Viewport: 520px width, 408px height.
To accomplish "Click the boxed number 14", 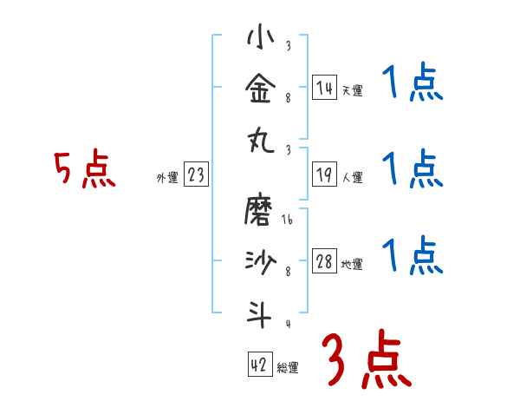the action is [324, 88].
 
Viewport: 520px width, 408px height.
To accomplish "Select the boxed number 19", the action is [324, 175].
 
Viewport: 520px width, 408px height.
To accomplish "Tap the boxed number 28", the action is [324, 261].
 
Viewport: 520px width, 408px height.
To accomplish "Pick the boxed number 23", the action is [195, 175].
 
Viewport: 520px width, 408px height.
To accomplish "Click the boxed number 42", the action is [259, 365].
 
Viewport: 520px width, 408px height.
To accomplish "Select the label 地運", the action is [352, 265].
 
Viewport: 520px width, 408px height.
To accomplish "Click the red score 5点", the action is [85, 170].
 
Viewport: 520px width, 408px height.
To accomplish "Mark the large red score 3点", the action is [365, 359].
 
